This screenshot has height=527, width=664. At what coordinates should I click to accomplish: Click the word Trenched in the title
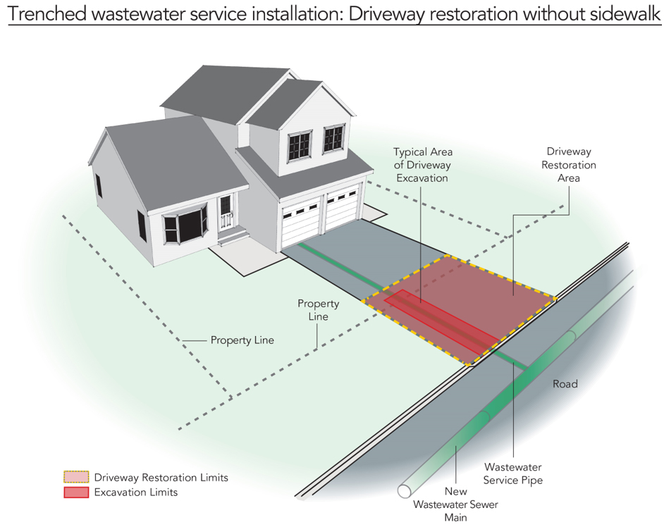click(x=47, y=14)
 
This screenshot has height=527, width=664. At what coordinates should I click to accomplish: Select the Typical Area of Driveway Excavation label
click(x=423, y=165)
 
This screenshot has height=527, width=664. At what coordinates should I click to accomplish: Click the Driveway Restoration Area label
click(x=569, y=165)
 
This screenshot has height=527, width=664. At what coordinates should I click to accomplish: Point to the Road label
click(x=565, y=384)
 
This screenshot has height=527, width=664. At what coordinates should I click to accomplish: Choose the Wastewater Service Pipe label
click(x=513, y=473)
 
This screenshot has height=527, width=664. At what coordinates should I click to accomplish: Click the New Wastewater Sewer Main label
click(x=455, y=504)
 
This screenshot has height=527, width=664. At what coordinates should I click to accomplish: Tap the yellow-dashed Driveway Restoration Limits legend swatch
click(x=76, y=477)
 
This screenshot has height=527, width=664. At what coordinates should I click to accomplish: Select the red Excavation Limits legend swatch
click(x=76, y=492)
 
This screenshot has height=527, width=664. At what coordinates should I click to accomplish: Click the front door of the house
click(x=226, y=213)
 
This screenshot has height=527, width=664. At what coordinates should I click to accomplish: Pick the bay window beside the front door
click(x=185, y=223)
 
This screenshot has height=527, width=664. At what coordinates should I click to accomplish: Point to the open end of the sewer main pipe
click(x=405, y=491)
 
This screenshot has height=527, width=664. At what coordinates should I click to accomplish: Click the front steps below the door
click(x=233, y=236)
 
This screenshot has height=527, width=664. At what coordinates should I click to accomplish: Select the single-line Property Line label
click(x=242, y=340)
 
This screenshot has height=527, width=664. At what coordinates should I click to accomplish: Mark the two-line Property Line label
click(x=319, y=310)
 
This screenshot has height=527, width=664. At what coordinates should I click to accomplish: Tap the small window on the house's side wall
click(x=98, y=185)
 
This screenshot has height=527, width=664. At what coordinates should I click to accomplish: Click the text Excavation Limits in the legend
click(x=136, y=492)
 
